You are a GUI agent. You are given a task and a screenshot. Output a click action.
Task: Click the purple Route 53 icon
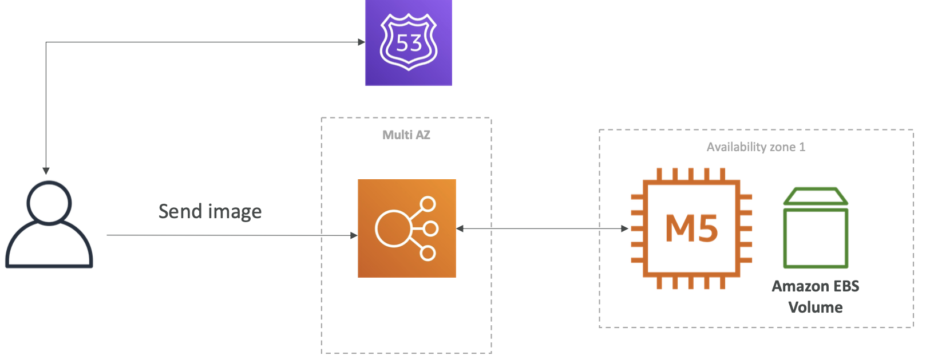(x=409, y=42)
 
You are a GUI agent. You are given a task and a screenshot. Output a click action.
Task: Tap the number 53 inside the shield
(x=409, y=42)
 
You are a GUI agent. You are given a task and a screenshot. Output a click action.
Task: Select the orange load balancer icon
(x=407, y=228)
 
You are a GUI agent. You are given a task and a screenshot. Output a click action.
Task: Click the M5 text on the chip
(x=691, y=228)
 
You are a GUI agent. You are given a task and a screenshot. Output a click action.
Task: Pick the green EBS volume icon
(x=816, y=228)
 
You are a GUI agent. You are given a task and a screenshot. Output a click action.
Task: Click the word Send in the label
(x=181, y=211)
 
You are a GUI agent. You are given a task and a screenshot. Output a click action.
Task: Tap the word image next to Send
(x=235, y=212)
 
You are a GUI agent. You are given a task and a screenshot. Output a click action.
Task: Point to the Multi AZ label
(x=406, y=135)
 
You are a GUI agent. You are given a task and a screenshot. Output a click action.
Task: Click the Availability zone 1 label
(x=755, y=147)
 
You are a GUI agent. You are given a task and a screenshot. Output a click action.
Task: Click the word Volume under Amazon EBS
(x=815, y=307)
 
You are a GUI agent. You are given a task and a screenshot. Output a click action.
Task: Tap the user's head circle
(x=49, y=203)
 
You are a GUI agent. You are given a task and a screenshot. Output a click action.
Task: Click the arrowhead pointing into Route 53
(x=361, y=42)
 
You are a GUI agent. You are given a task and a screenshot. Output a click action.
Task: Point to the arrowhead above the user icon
(x=46, y=171)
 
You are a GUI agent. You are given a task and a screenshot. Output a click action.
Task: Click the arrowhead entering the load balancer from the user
(x=354, y=235)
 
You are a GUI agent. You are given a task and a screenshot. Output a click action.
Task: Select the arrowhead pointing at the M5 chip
(x=624, y=228)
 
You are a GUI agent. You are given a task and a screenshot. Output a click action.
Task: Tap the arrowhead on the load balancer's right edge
(x=460, y=228)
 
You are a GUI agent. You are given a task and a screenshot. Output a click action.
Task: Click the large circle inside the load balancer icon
(x=393, y=228)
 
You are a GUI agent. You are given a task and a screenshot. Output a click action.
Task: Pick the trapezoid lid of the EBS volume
(x=816, y=196)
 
